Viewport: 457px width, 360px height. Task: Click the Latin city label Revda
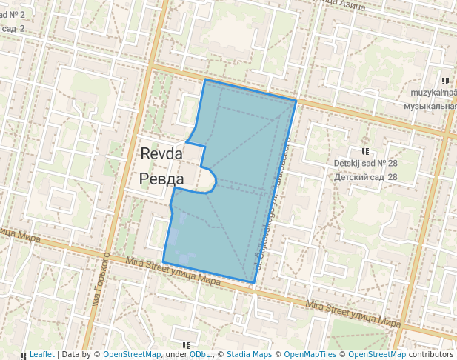[x=162, y=153]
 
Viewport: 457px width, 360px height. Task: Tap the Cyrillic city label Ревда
[x=162, y=179]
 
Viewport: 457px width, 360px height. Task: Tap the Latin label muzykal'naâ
[x=435, y=93]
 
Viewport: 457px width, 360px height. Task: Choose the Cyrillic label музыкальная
[x=430, y=106]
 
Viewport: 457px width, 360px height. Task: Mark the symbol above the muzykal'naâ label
[x=444, y=81]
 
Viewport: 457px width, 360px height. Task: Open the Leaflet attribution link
[x=41, y=354]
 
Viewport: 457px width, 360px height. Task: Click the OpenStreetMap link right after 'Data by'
[x=132, y=354]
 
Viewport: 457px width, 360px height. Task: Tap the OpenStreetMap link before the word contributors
[x=376, y=354]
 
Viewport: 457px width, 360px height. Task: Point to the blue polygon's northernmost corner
[x=205, y=79]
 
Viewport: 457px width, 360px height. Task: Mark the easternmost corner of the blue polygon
[x=296, y=100]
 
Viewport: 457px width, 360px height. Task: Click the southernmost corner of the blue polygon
[x=254, y=282]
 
